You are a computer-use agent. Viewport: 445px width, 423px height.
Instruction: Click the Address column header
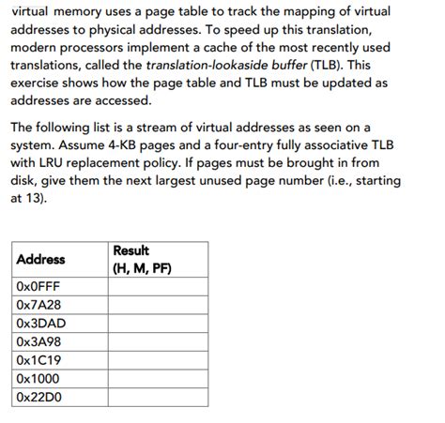(x=40, y=260)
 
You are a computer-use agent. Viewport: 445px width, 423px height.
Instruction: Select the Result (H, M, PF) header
(x=142, y=260)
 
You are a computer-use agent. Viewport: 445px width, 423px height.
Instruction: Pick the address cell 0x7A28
(x=39, y=304)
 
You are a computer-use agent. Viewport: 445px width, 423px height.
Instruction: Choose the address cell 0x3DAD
(x=41, y=322)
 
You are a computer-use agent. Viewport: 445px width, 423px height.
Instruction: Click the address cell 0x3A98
(x=40, y=340)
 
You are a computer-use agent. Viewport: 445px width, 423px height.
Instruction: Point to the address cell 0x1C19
(x=39, y=359)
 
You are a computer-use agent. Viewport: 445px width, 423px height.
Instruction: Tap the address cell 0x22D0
(x=40, y=397)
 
